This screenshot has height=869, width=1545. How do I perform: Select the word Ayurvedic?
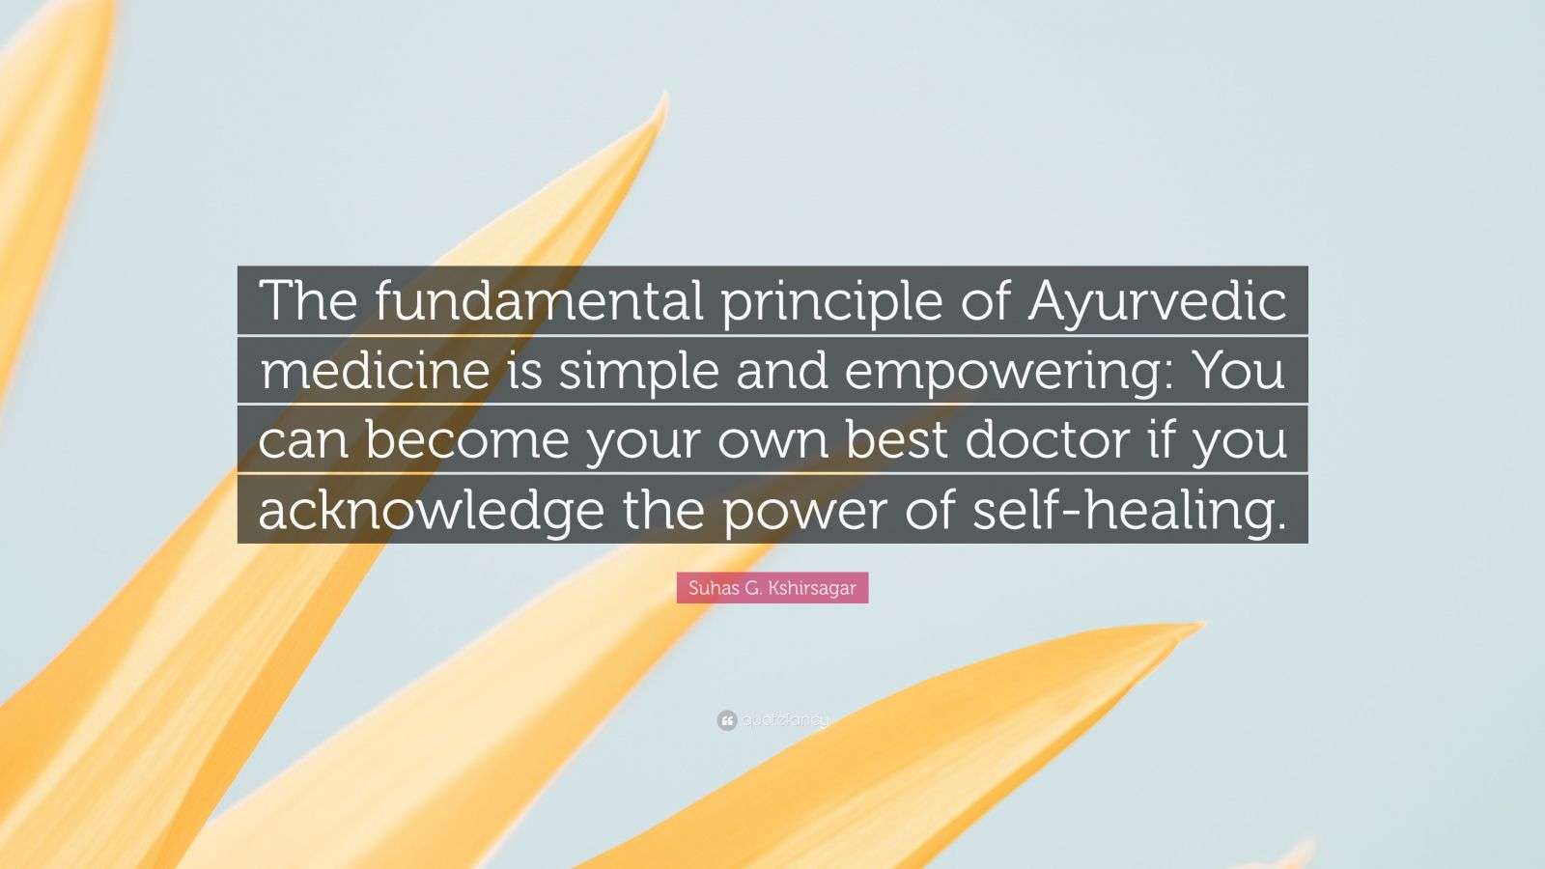[x=1157, y=302]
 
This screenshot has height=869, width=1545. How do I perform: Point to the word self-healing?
[x=1129, y=510]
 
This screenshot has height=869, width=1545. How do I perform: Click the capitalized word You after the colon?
[x=1239, y=371]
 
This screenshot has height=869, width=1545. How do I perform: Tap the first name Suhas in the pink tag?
[x=714, y=588]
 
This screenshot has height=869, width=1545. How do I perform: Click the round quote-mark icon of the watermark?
[x=727, y=720]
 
